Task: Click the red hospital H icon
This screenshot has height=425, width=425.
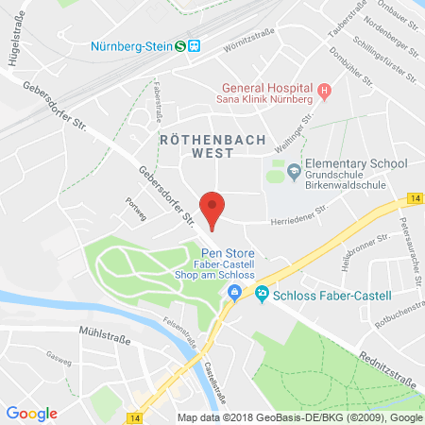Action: pyautogui.click(x=323, y=92)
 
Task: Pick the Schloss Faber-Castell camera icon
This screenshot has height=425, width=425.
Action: pyautogui.click(x=261, y=295)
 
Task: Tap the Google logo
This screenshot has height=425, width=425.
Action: pyautogui.click(x=31, y=413)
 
